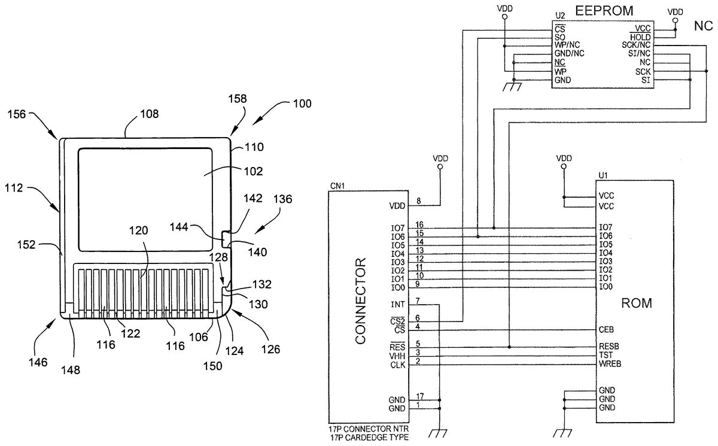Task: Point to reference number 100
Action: coord(302,104)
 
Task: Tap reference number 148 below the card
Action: coord(70,369)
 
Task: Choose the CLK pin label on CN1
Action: coord(398,365)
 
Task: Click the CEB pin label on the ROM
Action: coord(606,329)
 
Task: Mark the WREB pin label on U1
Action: coord(610,364)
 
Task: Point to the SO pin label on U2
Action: coord(560,37)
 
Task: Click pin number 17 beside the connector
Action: coord(419,396)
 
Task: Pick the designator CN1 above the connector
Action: coord(337,186)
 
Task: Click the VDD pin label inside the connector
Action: coord(397,206)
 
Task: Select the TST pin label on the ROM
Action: coord(605,355)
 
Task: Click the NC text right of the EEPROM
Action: coord(702,26)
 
